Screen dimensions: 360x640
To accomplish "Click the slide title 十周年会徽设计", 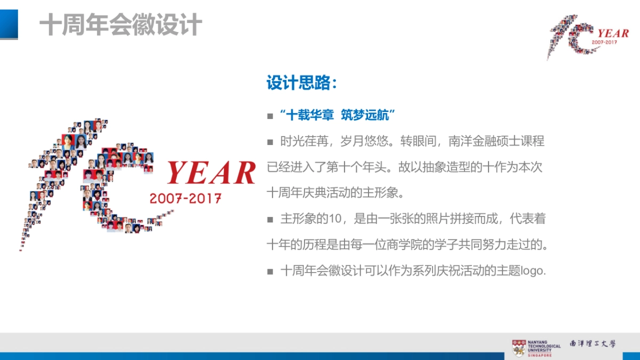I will click(x=121, y=25).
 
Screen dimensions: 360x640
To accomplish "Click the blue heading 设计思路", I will click(x=301, y=83).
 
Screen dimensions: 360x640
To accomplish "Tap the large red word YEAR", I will click(x=211, y=172).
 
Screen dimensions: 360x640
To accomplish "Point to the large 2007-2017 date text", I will click(x=186, y=198).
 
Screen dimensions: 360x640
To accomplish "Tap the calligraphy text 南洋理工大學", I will click(x=593, y=344).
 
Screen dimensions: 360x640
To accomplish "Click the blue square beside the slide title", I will click(x=9, y=25).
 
